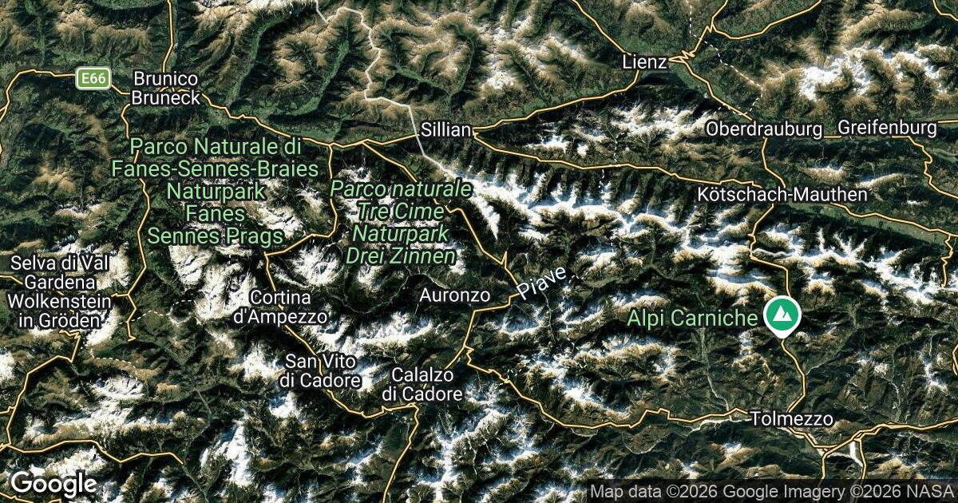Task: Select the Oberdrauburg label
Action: pos(764,129)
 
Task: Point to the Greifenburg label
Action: pos(887,128)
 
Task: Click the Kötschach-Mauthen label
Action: pos(782,194)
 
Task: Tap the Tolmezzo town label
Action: pos(792,418)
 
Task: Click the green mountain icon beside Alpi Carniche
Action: pos(782,315)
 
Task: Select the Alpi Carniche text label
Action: pos(692,318)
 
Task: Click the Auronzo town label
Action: pos(455,295)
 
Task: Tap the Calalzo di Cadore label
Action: pos(422,384)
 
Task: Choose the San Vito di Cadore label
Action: pos(320,370)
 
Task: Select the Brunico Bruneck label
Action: pos(165,88)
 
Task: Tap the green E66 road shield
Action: pos(93,78)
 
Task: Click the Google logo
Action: pos(53,483)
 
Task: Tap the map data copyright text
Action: pos(771,491)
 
